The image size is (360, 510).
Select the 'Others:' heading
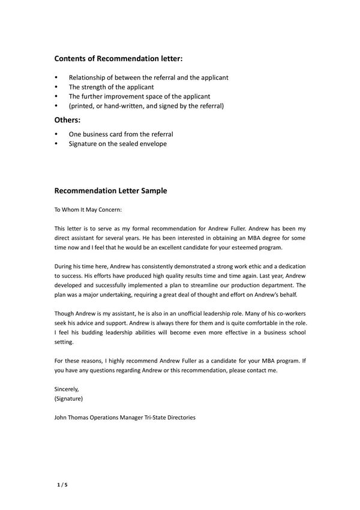pos(67,120)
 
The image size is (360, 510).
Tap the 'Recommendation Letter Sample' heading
pos(110,191)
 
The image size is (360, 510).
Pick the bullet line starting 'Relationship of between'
pos(148,77)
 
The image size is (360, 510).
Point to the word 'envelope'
pos(152,144)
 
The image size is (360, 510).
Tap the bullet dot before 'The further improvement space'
pos(56,97)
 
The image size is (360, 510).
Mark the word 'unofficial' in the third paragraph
pos(191,313)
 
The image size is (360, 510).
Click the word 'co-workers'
pos(290,313)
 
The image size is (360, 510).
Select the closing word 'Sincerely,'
pos(67,389)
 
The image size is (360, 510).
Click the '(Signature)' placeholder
pos(68,398)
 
